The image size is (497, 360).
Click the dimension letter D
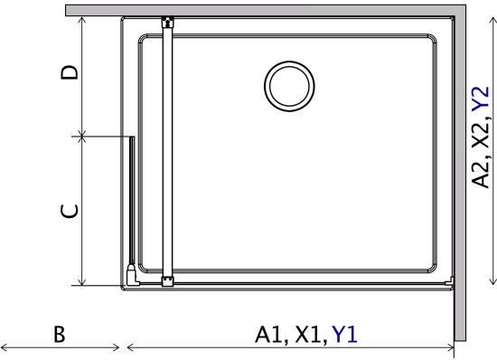coord(69,72)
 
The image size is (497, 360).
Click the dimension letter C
coord(69,212)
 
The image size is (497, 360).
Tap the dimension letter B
coord(60,334)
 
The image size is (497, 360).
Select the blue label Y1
coord(344,335)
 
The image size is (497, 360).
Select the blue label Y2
coord(480,99)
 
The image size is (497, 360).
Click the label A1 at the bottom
coord(268,335)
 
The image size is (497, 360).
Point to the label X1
coord(307,335)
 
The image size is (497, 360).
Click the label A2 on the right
coord(480,175)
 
